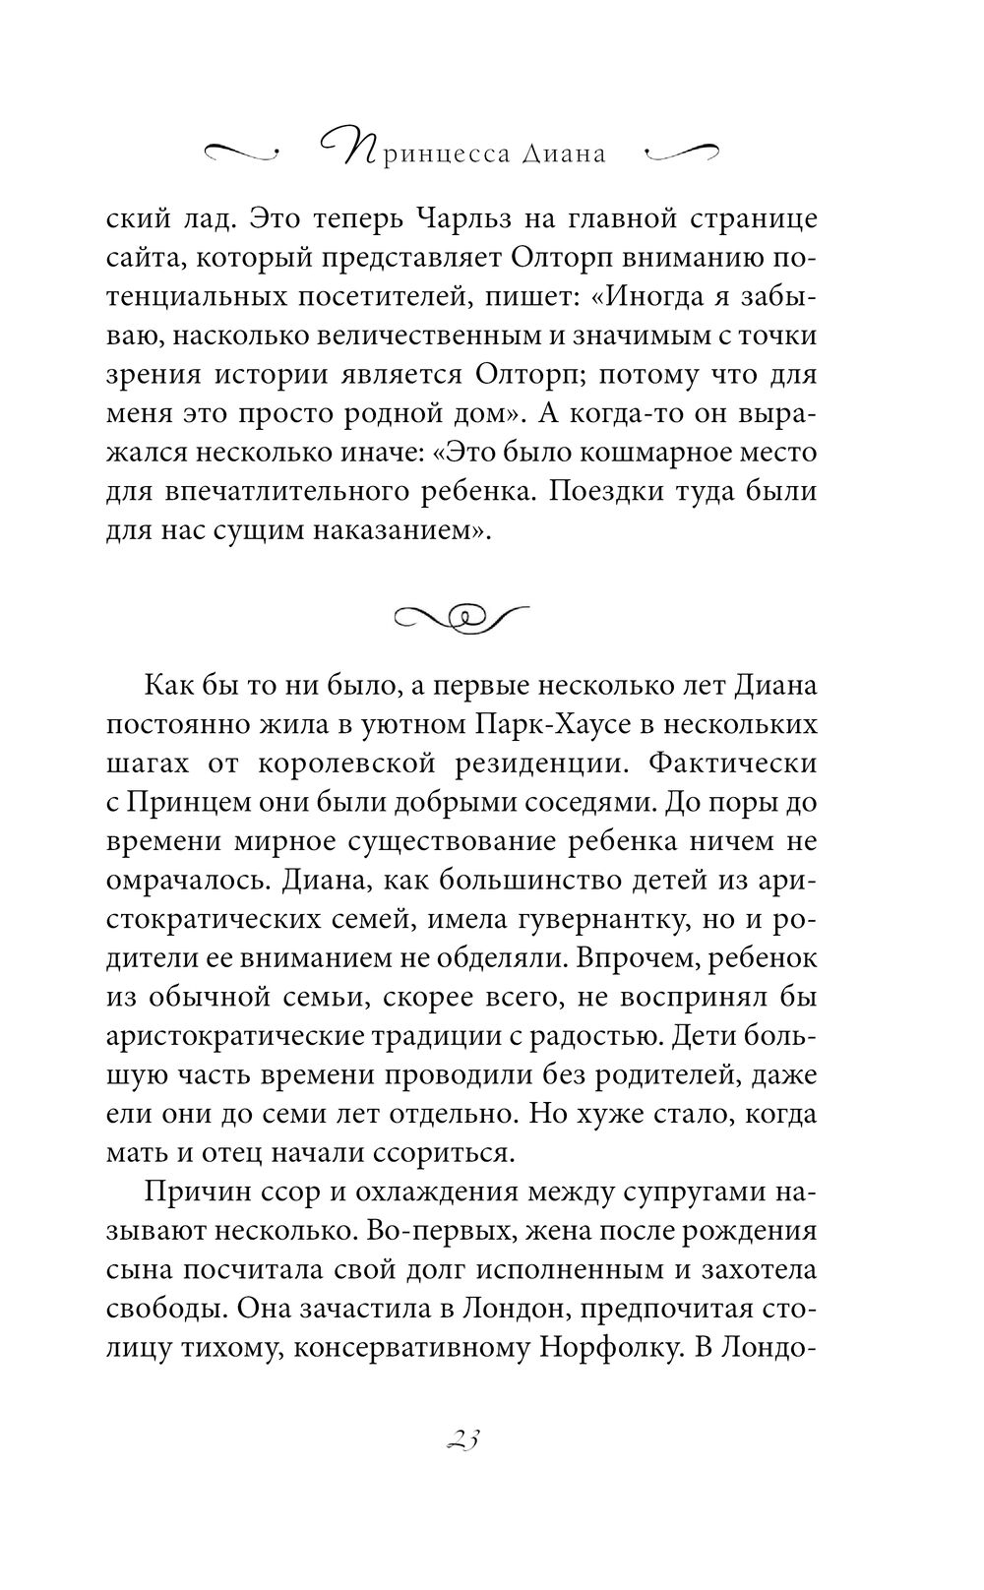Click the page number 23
(461, 1438)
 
